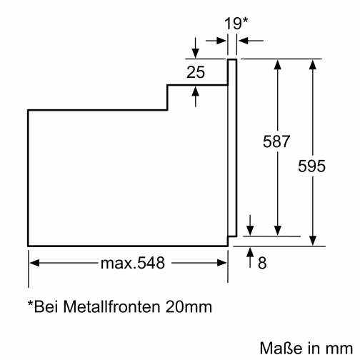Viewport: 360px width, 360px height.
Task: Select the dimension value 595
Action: (312, 166)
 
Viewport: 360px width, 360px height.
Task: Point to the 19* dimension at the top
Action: (235, 23)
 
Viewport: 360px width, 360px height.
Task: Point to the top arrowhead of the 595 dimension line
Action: (312, 64)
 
